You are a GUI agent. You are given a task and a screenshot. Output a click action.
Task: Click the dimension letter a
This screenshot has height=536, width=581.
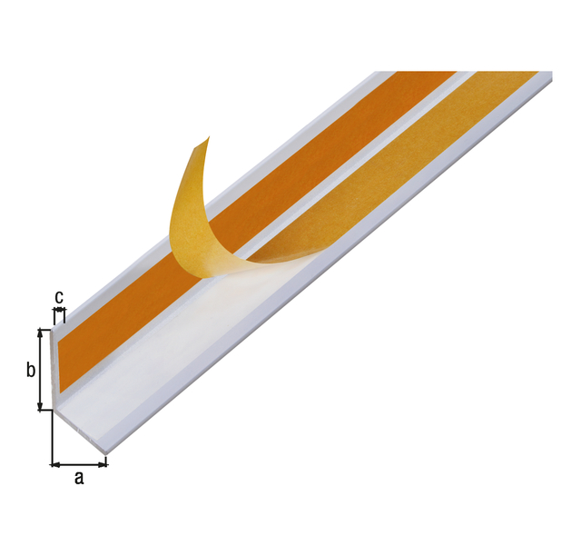point(79,479)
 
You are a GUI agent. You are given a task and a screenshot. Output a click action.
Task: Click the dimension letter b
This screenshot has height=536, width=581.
point(31,369)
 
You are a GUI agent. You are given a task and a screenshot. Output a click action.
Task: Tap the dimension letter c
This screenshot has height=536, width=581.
point(59,297)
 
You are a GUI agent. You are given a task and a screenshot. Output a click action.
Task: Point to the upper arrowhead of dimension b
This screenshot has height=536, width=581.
point(40,333)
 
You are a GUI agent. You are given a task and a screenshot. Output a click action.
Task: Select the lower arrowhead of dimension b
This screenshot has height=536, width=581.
point(40,405)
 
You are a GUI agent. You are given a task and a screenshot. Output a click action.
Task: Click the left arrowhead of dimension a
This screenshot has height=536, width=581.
point(55,464)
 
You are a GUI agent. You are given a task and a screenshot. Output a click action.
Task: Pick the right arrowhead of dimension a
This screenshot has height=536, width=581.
point(103,464)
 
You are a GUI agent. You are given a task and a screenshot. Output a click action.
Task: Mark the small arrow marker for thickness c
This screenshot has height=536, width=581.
point(59,309)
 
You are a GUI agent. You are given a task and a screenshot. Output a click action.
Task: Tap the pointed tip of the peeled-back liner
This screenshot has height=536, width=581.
point(209,137)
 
